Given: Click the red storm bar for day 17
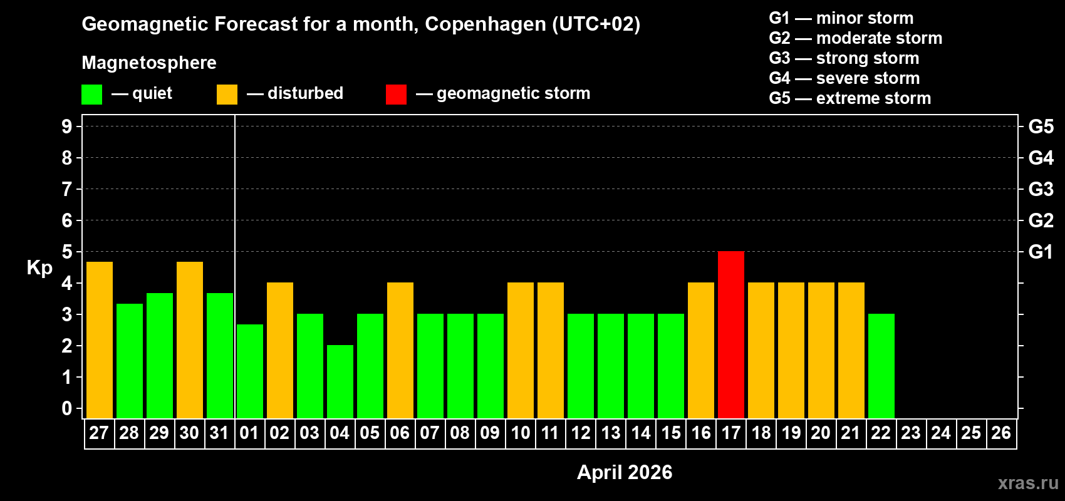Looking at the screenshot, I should [731, 334].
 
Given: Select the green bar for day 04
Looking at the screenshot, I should [340, 381].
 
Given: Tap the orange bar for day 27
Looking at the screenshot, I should [100, 339].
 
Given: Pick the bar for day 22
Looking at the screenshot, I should [881, 366].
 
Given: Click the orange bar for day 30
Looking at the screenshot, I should [190, 339].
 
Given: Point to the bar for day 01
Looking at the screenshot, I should [250, 371].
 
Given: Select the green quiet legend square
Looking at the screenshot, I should [92, 95].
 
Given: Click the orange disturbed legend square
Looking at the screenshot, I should [227, 95].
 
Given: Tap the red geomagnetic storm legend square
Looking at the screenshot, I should [396, 95].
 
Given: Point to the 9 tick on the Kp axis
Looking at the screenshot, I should [67, 127].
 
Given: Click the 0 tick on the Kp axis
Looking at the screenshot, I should [67, 409].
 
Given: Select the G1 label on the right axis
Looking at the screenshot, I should [1041, 252].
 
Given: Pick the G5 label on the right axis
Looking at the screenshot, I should [1041, 127].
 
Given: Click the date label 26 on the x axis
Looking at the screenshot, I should [1001, 433].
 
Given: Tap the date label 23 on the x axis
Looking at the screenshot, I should [911, 433].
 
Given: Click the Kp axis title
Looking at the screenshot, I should [39, 268].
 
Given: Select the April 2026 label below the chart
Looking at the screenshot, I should [625, 472].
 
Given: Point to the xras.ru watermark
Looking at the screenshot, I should [1028, 483].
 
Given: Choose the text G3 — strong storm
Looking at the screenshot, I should [844, 58].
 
